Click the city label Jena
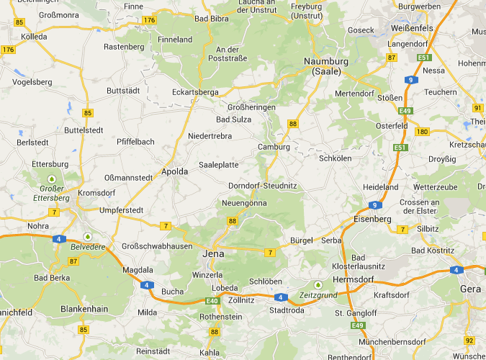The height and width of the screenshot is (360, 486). point(214,254)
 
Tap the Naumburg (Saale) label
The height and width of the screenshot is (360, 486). point(325,66)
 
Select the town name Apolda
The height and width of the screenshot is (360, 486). point(174,171)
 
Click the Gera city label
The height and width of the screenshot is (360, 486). point(471,289)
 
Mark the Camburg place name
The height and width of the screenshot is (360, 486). point(274,147)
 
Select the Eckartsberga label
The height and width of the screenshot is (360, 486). point(194,92)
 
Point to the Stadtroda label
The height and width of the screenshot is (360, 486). point(286,311)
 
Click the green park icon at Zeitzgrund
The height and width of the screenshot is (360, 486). point(318,284)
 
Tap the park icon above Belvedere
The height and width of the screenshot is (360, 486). point(88,235)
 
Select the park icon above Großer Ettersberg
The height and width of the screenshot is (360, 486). point(51,178)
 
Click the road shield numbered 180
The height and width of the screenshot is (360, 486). point(422,132)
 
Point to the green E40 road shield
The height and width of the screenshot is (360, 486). point(212,301)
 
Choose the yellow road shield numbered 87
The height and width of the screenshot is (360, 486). point(392,57)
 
